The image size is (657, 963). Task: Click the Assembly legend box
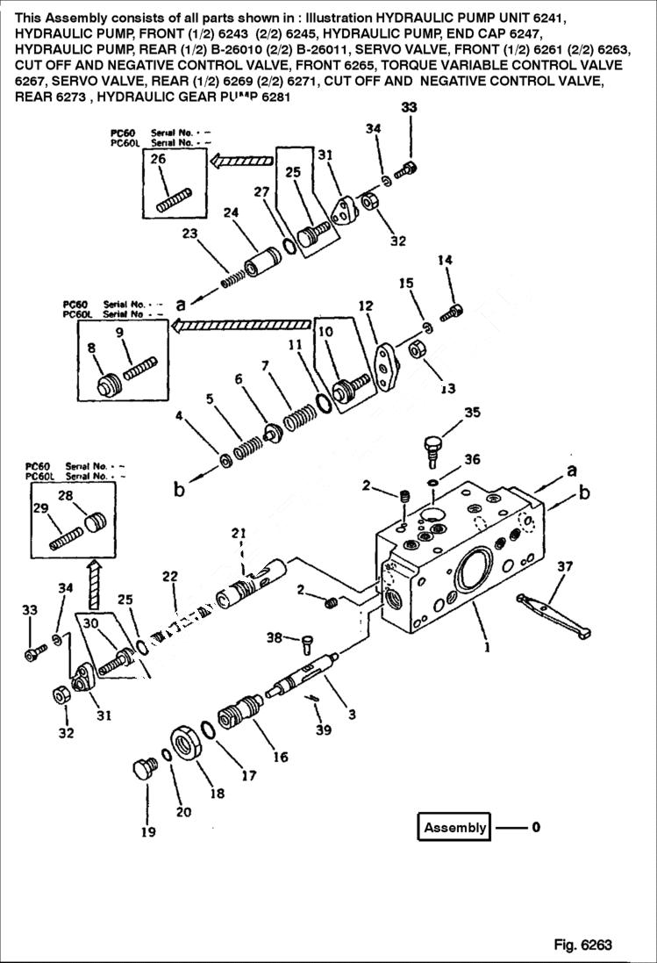tap(454, 827)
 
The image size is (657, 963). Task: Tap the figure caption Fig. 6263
tap(582, 945)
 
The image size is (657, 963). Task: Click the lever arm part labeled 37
tap(553, 614)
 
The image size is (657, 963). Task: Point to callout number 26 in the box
tap(158, 159)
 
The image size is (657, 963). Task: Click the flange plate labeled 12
tap(384, 362)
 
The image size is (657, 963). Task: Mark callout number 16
tap(280, 757)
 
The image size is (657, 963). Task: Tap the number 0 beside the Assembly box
tap(536, 827)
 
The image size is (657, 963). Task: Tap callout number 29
tap(39, 507)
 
